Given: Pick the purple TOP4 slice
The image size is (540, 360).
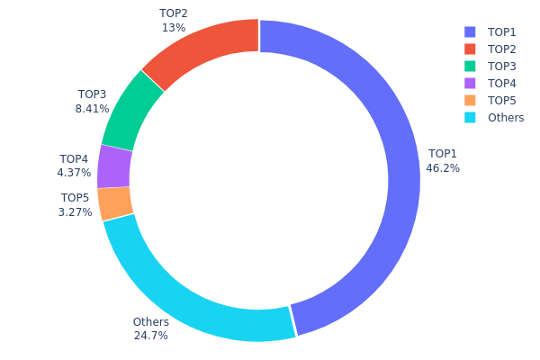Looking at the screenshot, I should (x=114, y=166).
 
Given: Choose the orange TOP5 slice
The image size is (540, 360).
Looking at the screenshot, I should (x=115, y=202).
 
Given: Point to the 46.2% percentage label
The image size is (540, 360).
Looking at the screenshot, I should (x=443, y=168).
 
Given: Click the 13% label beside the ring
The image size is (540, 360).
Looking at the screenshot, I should (x=174, y=28).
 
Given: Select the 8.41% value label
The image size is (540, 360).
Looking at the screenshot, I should (x=92, y=109).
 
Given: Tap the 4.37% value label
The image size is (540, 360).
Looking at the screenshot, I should (x=74, y=173).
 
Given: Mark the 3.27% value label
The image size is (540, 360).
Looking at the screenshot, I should (x=75, y=212).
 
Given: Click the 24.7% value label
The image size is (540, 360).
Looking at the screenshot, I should (x=150, y=336).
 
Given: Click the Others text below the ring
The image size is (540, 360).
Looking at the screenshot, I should (x=150, y=322).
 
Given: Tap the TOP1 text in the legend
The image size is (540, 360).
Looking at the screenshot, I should (x=502, y=31).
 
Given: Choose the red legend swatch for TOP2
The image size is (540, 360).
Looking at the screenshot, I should (x=471, y=49).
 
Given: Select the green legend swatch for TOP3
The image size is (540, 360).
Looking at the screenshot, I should (x=471, y=66).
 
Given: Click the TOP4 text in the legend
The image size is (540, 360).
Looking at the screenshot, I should (x=502, y=83).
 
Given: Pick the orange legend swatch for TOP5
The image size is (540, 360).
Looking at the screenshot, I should (x=471, y=100).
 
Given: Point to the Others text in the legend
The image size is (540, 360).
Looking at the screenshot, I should (x=505, y=117).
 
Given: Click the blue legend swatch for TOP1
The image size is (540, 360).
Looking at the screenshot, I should (x=471, y=31).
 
